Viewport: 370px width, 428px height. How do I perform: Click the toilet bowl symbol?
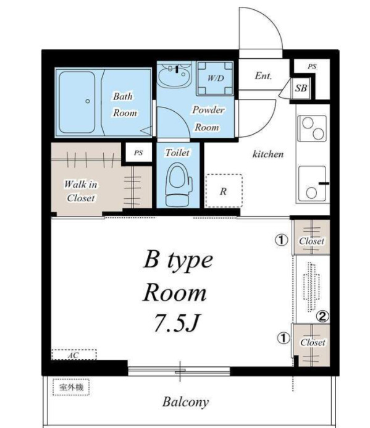(178, 185)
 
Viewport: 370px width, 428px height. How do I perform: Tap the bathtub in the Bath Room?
(77, 102)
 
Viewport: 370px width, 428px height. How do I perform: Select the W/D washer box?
(215, 78)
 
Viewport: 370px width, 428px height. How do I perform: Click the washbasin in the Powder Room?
(174, 75)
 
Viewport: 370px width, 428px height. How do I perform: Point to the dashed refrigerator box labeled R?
(224, 191)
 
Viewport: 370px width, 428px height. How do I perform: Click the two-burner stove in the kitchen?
(312, 128)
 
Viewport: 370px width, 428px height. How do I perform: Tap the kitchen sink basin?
(313, 184)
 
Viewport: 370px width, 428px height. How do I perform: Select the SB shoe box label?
(301, 88)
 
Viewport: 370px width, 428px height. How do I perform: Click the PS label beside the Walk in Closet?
(138, 153)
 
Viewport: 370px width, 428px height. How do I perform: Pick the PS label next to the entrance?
(312, 66)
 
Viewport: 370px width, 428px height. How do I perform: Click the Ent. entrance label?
(263, 75)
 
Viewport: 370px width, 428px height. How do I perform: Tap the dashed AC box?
(74, 355)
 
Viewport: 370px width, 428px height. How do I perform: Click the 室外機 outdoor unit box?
(71, 387)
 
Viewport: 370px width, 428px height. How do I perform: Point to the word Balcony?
(186, 402)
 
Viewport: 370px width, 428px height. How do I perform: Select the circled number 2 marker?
(322, 317)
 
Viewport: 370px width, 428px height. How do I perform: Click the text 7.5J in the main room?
(178, 322)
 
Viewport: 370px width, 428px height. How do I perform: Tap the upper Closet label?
(311, 241)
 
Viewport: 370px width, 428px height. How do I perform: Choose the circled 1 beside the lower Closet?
(284, 338)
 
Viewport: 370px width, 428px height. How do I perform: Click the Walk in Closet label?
(80, 191)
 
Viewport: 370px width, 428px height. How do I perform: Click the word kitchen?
(268, 154)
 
